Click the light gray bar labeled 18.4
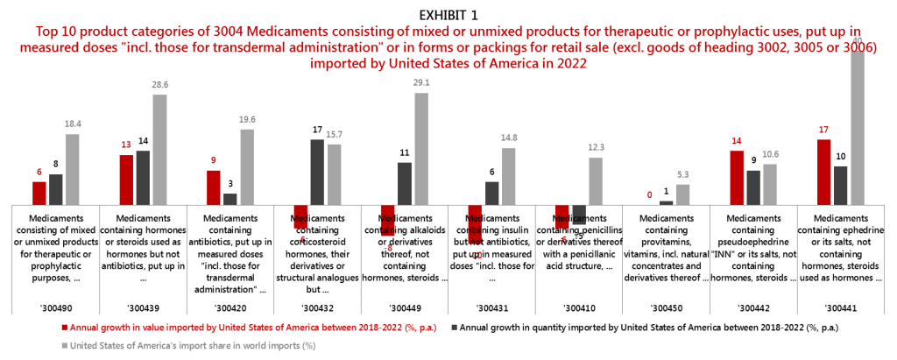coord(73,169)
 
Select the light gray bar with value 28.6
coord(159,150)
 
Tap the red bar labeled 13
coord(126,180)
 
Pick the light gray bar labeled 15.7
coord(334,174)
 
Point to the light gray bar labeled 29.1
coord(421,149)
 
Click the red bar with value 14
coord(737,178)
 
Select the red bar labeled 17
coord(824,172)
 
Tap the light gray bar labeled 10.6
coord(770,184)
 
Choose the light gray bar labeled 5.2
coord(683,194)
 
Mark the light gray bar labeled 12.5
coord(596,181)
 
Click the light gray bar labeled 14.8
coord(509,176)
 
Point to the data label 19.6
coord(247,120)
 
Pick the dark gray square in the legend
coord(454,327)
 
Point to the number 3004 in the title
coord(230,31)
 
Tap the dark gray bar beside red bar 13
coord(143,178)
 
